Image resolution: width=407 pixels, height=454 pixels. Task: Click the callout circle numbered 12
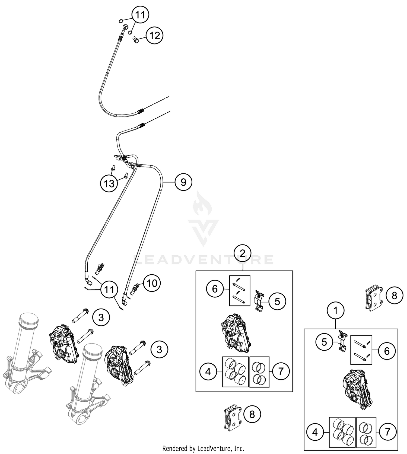155,36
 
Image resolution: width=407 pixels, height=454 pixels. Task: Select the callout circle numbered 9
183,182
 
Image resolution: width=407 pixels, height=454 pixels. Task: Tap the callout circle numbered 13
109,184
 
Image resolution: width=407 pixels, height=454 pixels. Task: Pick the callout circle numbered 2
243,253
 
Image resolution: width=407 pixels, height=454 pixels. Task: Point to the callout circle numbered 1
336,310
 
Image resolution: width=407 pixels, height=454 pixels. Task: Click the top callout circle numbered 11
140,15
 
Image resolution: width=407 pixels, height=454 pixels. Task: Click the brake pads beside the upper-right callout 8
374,298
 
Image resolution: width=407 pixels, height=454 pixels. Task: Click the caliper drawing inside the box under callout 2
235,333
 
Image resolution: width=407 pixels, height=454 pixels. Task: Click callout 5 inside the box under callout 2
277,301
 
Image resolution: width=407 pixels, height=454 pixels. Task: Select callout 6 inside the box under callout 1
387,351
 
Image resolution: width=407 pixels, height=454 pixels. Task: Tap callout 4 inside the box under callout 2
208,372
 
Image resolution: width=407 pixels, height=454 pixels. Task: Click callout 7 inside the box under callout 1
387,432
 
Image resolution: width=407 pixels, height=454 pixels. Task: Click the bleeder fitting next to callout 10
135,289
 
